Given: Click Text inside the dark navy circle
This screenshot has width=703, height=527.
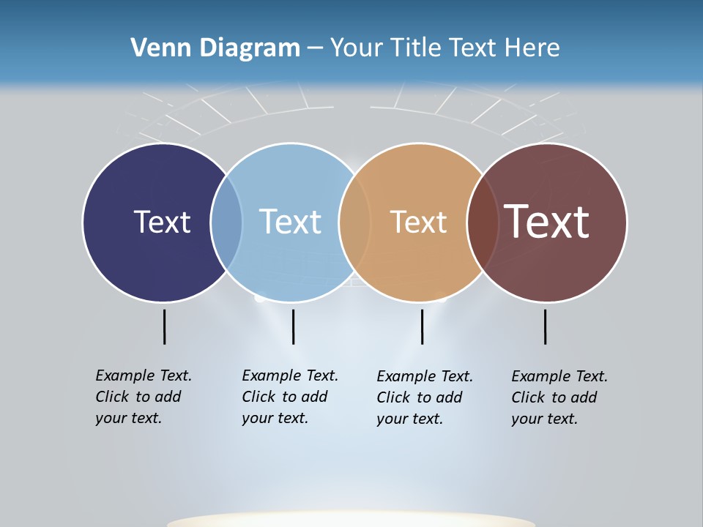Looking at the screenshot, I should [x=162, y=222].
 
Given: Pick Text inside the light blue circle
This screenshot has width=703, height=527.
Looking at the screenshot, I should [x=291, y=222].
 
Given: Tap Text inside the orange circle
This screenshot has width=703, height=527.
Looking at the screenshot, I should [x=418, y=222].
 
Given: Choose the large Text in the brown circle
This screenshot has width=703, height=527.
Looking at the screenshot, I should [x=547, y=222].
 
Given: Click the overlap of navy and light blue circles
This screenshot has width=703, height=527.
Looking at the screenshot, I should [x=226, y=223].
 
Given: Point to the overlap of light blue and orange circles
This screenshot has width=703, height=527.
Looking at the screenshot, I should [x=354, y=223].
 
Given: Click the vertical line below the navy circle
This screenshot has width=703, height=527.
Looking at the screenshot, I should [x=165, y=326].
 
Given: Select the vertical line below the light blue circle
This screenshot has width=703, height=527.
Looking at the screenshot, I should [x=293, y=326].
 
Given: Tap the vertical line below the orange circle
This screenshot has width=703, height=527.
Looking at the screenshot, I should [x=423, y=326].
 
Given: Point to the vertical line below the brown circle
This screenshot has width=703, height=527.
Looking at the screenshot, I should [x=546, y=326].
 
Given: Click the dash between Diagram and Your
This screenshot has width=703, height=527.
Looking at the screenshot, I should [x=315, y=48].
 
